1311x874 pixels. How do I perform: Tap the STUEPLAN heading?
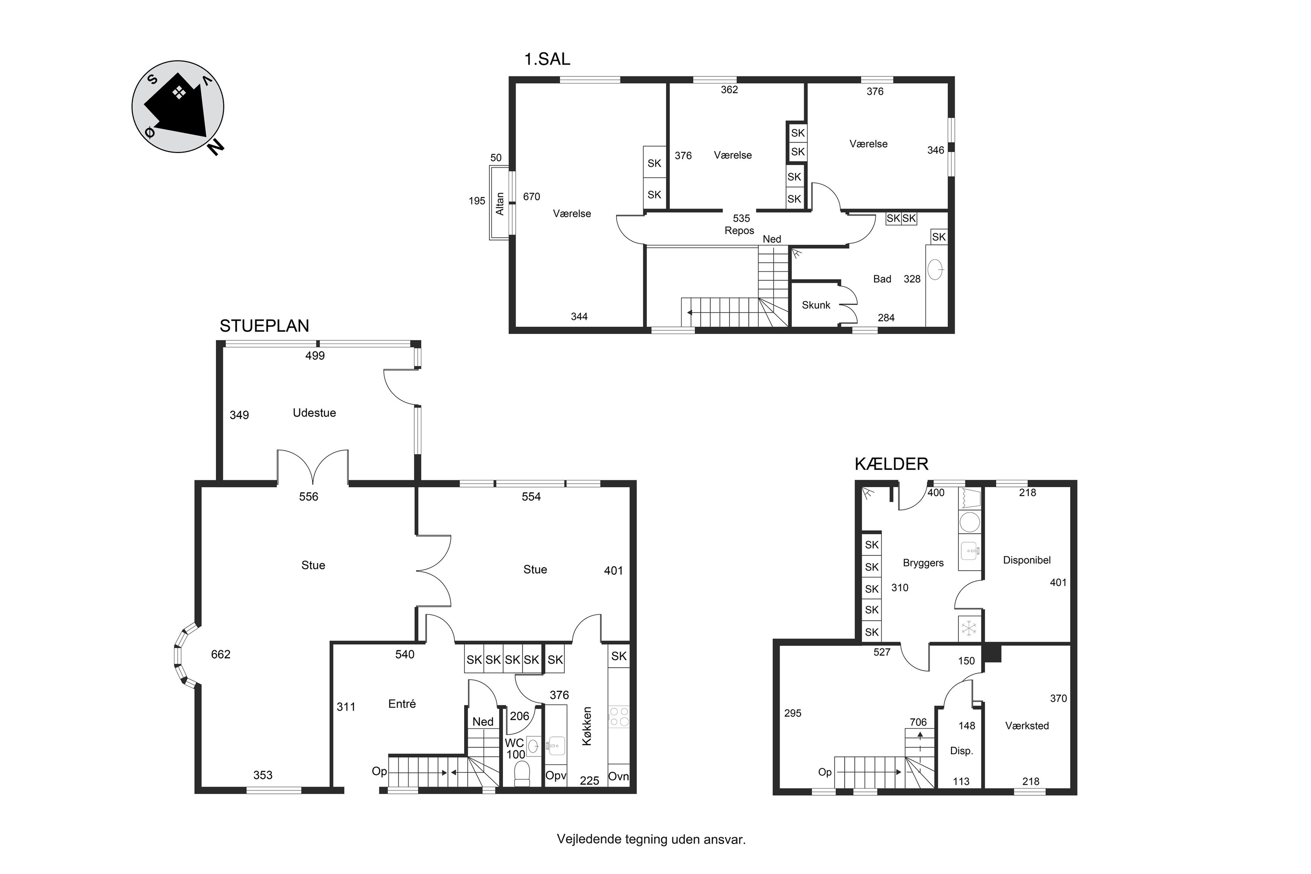coord(264,326)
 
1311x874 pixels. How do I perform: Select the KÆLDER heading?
coord(891,464)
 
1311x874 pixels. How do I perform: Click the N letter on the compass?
coord(216,146)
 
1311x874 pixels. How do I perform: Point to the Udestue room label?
coord(314,413)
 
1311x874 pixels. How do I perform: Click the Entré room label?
coord(402,704)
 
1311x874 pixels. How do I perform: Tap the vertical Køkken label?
coord(586,726)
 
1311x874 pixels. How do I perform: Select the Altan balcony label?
coord(500,204)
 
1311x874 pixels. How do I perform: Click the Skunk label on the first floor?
coord(816,305)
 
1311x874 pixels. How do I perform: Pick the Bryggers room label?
coord(923,563)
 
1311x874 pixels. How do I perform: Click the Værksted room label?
coord(1027,726)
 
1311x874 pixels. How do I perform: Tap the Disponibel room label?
coord(1027,560)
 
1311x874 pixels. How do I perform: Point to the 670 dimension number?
coord(532,197)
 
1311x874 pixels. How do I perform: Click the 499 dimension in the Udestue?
coord(315,356)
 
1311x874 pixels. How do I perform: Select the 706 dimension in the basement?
coord(918,722)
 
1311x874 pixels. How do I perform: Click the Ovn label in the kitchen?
coord(618,776)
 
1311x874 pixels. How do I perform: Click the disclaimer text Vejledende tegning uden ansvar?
coord(651,839)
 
